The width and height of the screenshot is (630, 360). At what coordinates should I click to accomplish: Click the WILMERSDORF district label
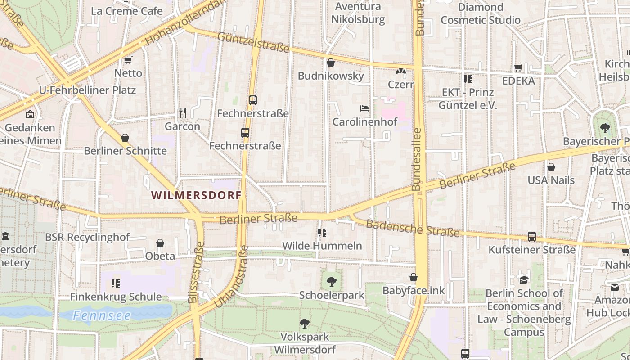point(196,195)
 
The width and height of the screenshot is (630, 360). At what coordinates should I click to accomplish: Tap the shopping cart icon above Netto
point(128,60)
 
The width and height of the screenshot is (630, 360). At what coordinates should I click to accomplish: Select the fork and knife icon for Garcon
point(182,113)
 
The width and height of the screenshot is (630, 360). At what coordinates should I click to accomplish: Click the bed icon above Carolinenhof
point(364,108)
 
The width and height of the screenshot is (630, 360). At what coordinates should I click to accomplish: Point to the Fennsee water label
point(102,315)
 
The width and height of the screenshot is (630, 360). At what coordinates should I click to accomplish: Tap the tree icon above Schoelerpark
point(332,282)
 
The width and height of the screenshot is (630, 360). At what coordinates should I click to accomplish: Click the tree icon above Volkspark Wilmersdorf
point(305,323)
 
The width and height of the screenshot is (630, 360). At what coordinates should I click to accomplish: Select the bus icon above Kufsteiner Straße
point(531,236)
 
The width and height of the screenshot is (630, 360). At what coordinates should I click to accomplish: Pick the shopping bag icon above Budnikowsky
point(331,63)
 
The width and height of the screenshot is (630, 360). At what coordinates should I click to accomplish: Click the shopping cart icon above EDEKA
point(518,68)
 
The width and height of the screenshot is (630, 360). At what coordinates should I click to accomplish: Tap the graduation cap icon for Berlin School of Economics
point(524,280)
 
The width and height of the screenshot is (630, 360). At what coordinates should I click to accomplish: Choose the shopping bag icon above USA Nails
point(551,167)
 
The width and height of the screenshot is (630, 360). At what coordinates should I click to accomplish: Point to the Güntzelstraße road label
point(253,42)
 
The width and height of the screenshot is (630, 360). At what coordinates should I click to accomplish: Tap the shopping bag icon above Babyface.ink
point(413,277)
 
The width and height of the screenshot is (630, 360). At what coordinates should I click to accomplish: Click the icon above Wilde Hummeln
point(322,233)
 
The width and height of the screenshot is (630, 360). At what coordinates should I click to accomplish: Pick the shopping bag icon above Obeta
point(160,243)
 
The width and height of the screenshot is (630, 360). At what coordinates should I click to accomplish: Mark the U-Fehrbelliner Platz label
point(87,90)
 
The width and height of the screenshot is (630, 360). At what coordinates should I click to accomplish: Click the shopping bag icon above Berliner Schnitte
point(125,138)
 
